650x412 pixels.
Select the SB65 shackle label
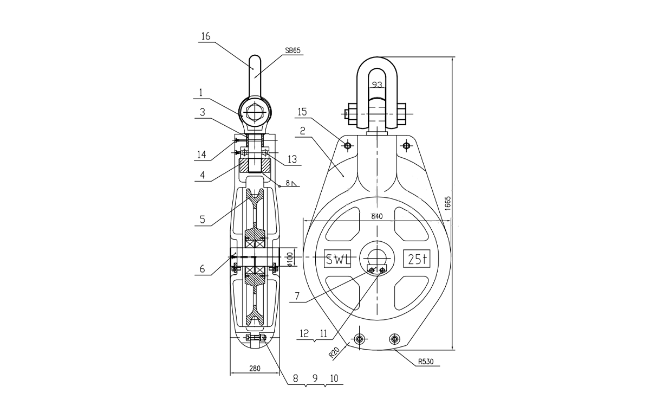pos(292,50)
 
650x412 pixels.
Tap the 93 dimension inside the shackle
pos(377,85)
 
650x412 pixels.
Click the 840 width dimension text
pos(377,216)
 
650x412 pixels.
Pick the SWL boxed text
pos(338,259)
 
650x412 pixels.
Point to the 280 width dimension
pos(255,369)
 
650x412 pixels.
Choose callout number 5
pos(202,220)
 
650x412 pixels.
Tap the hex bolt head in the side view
pos(255,114)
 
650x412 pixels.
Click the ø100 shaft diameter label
pos(290,259)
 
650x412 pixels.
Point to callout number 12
pos(305,335)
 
